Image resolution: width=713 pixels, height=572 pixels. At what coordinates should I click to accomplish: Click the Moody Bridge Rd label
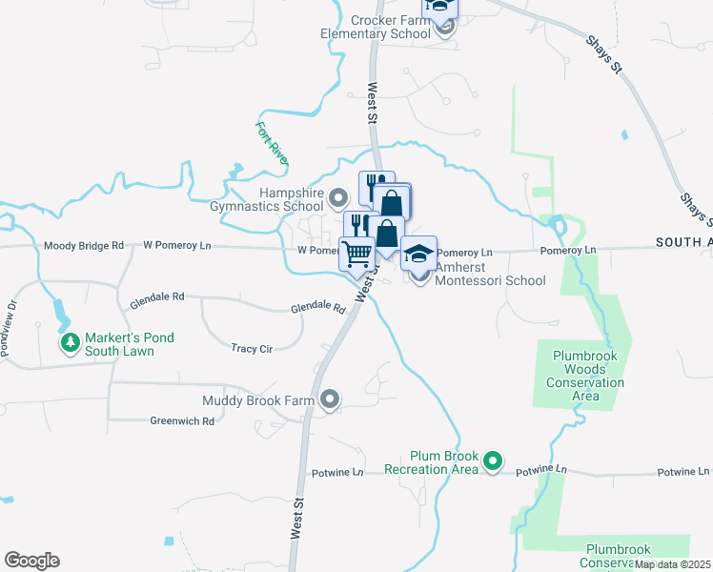point(84,246)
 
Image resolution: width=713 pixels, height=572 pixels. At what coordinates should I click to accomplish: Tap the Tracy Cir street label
point(252,349)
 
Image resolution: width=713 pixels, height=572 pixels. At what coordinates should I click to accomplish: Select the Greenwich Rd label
point(182,420)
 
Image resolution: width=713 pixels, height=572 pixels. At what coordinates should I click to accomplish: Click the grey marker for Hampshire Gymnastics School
point(338,199)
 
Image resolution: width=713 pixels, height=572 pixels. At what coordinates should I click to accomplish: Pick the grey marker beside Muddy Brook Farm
point(330,400)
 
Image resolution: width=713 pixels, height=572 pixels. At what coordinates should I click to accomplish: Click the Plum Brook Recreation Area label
point(430,462)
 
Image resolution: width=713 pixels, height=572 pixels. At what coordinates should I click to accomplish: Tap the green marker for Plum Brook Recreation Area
point(493,462)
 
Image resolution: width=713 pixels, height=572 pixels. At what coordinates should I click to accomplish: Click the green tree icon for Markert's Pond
point(69,342)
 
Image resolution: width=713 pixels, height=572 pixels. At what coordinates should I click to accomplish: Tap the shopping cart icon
point(357,255)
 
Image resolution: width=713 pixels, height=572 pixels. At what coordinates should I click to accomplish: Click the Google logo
point(31,561)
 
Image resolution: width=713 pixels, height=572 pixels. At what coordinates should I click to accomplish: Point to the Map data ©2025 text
point(673,564)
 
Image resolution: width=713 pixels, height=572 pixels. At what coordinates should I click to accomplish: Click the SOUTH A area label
point(683,243)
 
